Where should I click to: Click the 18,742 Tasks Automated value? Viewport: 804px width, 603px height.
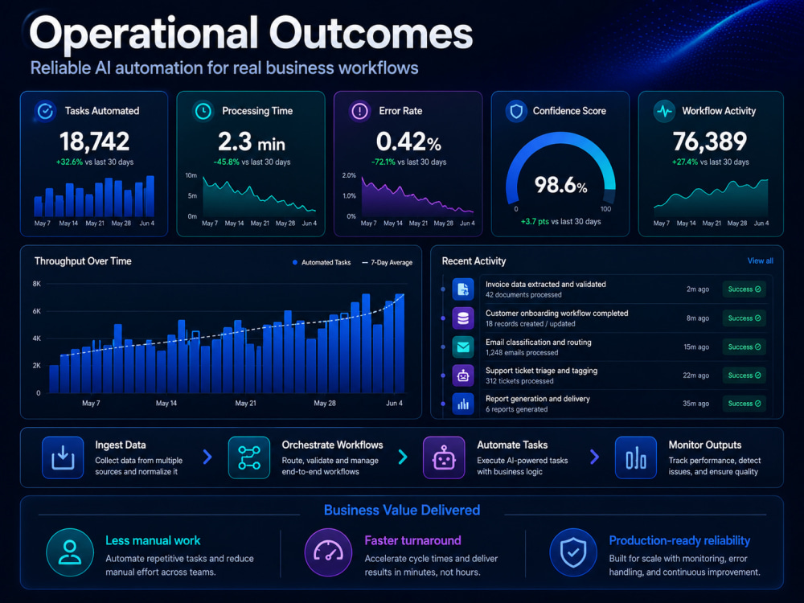tap(94, 142)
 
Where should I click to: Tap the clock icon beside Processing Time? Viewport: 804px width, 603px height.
tap(203, 111)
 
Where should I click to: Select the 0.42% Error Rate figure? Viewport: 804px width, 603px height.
tap(408, 142)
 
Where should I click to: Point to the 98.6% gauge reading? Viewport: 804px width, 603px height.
tap(561, 185)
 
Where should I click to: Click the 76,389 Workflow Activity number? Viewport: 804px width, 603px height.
tap(710, 142)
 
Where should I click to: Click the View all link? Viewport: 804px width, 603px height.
tap(760, 260)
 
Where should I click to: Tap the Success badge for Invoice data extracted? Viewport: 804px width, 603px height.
tap(744, 289)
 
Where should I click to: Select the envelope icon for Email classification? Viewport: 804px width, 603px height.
tap(462, 347)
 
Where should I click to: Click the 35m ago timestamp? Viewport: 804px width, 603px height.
tap(695, 404)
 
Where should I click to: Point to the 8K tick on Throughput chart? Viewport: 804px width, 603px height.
tap(36, 284)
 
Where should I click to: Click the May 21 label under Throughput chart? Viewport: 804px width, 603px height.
tap(245, 403)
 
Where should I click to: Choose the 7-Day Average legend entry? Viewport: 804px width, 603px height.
tap(388, 263)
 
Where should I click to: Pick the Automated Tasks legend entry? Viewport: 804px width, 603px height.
tap(322, 263)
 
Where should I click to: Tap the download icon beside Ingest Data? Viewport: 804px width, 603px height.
tap(63, 457)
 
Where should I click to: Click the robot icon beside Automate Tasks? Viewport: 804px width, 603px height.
tap(444, 457)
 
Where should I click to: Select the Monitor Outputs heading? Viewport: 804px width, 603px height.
tap(704, 445)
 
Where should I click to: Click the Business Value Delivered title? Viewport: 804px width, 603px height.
tap(402, 511)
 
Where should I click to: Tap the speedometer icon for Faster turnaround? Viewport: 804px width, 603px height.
tap(328, 552)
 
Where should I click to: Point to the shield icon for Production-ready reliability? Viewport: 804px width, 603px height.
tap(573, 552)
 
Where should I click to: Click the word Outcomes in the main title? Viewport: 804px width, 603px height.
tap(371, 34)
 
